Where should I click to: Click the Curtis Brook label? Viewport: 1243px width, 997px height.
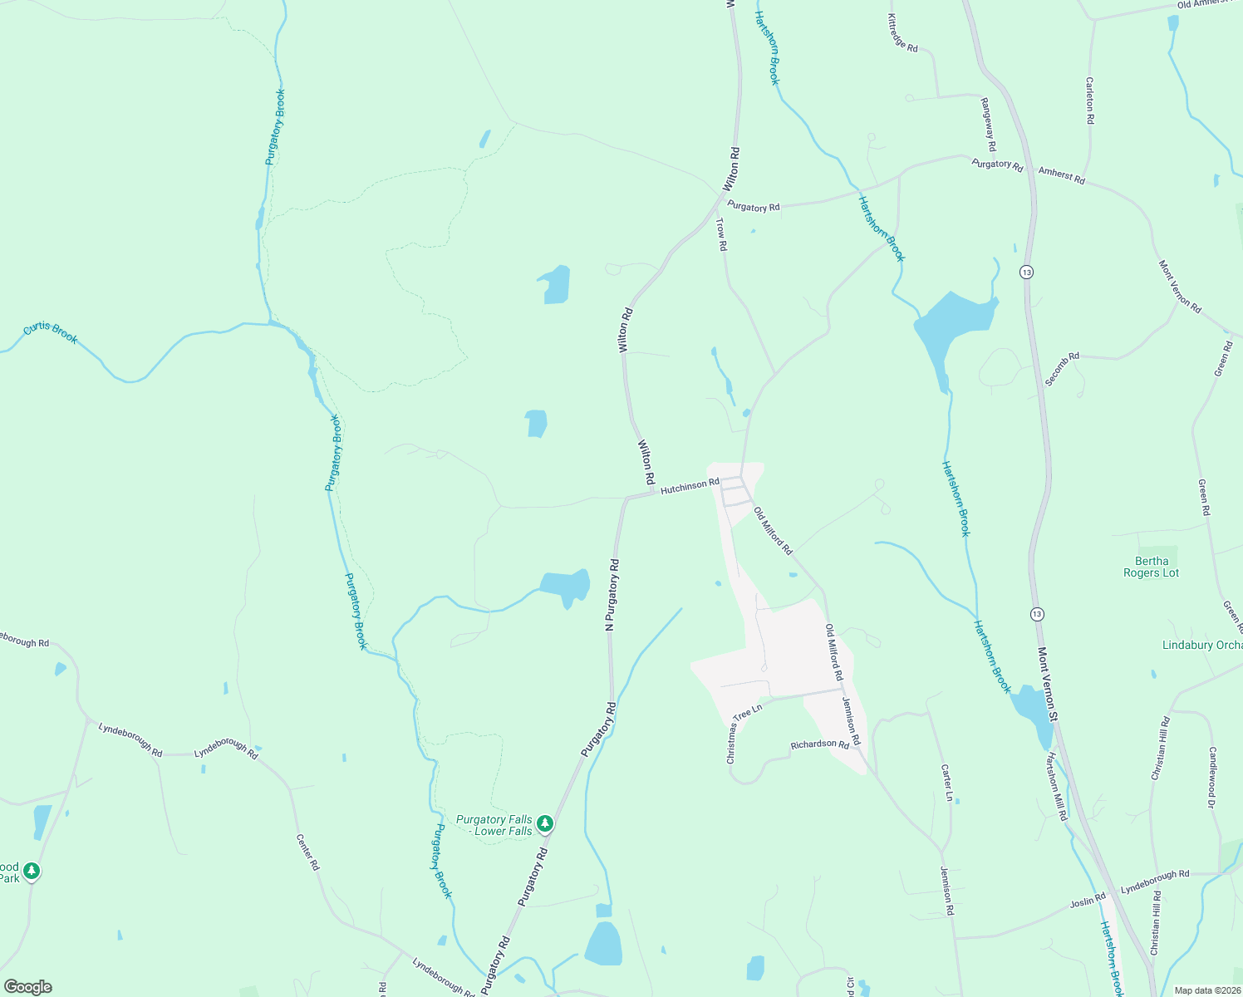[x=51, y=333]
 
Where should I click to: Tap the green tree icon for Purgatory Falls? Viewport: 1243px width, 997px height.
[x=545, y=824]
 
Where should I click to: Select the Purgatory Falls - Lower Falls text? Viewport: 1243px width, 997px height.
[x=494, y=825]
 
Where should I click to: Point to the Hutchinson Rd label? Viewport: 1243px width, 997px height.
[x=690, y=487]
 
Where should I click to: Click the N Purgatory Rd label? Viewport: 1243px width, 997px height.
[x=612, y=595]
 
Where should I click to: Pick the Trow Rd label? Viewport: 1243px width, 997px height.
[x=722, y=234]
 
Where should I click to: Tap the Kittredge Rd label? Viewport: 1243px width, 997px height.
[x=902, y=33]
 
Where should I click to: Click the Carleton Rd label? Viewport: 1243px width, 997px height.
[x=1089, y=101]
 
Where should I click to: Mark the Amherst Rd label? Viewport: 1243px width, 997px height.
[x=1061, y=175]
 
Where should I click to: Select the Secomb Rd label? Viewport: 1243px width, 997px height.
[x=1062, y=368]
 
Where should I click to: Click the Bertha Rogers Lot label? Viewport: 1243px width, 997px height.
[x=1151, y=567]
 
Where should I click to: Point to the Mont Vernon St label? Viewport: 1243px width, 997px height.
[x=1046, y=684]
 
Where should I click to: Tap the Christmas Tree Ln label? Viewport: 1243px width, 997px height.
[x=744, y=734]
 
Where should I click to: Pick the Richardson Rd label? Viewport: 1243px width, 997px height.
[x=819, y=744]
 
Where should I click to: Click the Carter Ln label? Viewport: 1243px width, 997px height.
[x=946, y=783]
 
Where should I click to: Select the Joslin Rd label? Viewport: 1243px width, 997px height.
[x=1088, y=899]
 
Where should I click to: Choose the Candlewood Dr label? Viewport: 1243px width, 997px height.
[x=1212, y=777]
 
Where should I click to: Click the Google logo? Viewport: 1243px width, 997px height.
[x=28, y=987]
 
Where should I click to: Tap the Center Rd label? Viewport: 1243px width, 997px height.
[x=307, y=852]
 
